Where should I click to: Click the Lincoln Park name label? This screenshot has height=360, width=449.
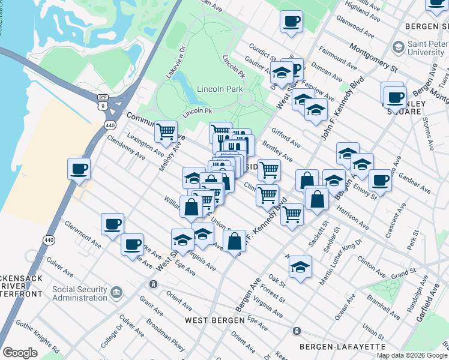(x=223, y=89)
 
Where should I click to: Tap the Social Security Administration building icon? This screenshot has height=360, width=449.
(x=116, y=292)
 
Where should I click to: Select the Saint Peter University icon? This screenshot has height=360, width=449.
(x=397, y=47)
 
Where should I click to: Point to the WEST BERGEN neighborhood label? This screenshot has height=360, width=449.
(x=215, y=320)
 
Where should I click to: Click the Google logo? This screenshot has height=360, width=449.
(x=20, y=352)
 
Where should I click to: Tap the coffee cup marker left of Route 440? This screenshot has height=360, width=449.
(x=79, y=168)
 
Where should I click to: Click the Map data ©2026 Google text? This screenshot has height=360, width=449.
(x=411, y=355)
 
